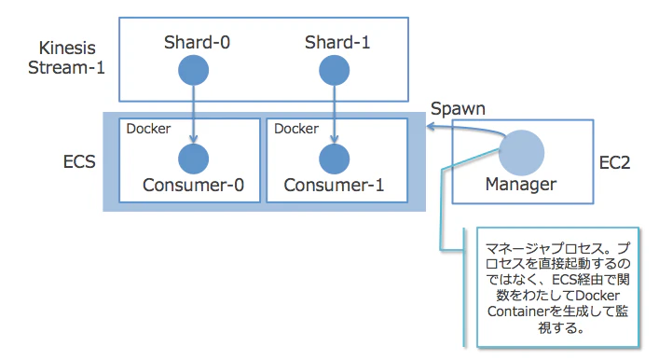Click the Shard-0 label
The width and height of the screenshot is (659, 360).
[193, 43]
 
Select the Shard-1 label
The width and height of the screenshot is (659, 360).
[334, 43]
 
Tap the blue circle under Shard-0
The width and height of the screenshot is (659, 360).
[193, 70]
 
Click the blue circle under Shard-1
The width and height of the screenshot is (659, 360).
[334, 70]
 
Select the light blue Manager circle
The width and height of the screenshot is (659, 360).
[522, 149]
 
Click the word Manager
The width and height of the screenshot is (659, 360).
[522, 184]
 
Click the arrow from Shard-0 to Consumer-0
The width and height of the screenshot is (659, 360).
[193, 112]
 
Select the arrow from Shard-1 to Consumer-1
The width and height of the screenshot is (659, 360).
[334, 112]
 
